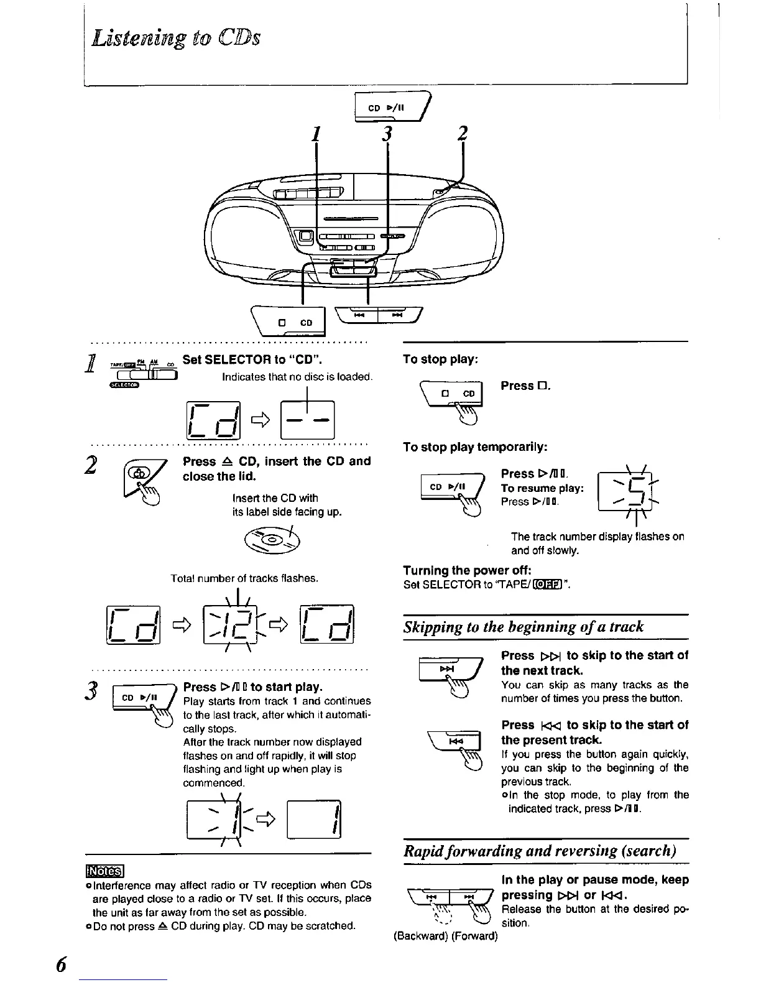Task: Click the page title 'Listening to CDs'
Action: (176, 37)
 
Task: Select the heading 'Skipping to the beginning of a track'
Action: (523, 626)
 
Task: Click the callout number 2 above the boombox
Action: (462, 134)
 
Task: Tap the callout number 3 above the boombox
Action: (387, 134)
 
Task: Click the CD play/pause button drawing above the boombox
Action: (392, 108)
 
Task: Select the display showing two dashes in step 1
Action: (308, 420)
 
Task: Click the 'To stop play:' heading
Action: (440, 359)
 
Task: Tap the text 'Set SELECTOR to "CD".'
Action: (252, 360)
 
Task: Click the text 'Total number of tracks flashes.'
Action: (244, 578)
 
